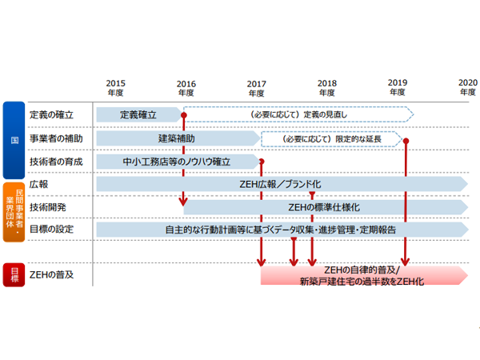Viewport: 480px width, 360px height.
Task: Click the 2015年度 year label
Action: (116, 87)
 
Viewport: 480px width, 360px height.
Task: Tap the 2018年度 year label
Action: (326, 87)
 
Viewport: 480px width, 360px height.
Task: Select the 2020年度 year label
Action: (467, 87)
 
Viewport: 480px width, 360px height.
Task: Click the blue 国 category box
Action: (14, 139)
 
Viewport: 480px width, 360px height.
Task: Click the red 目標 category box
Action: (14, 276)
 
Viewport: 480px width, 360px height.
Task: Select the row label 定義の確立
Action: (49, 114)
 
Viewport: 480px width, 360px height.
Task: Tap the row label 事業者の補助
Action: (53, 138)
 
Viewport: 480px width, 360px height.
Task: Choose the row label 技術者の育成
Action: (53, 162)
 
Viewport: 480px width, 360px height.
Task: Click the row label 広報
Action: (38, 184)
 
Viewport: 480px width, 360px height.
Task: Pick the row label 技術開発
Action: (49, 207)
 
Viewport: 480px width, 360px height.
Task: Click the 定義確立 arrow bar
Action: (139, 115)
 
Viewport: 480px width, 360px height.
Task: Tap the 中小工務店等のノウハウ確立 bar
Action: (176, 162)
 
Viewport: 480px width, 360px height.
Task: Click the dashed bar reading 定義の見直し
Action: (300, 115)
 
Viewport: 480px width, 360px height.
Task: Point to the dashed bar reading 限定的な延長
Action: (332, 138)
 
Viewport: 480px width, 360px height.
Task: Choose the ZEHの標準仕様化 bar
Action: (324, 207)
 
